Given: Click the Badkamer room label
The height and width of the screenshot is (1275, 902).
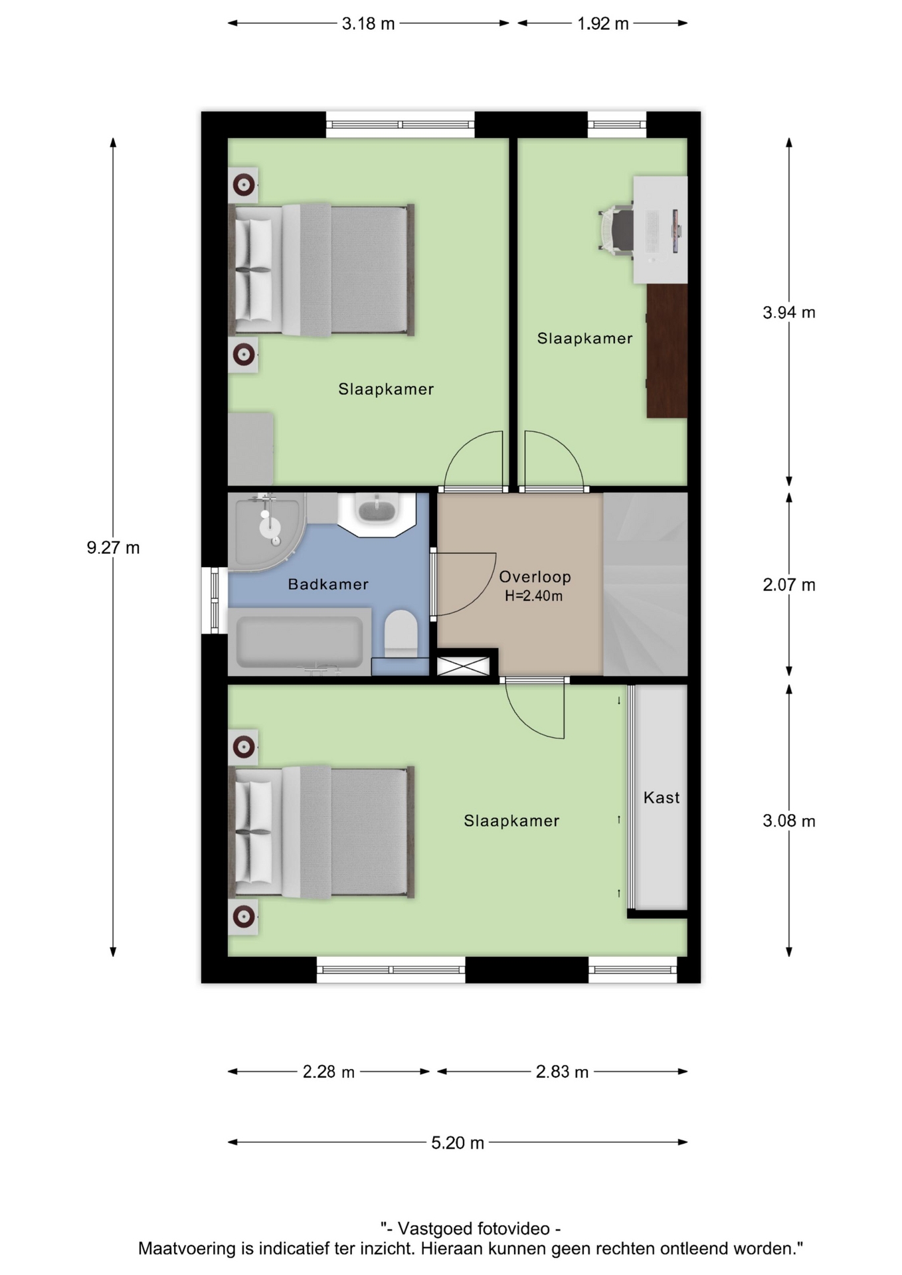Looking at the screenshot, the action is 328,584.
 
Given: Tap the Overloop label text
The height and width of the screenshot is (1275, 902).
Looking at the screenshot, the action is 535,576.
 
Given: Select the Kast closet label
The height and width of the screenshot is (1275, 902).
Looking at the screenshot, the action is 662,798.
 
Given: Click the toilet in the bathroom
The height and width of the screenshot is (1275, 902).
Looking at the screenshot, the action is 401,634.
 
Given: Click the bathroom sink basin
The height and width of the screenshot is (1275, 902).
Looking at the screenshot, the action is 377,511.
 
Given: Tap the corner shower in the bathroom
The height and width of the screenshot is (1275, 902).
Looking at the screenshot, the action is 266,529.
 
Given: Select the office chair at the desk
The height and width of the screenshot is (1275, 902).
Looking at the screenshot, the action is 616,228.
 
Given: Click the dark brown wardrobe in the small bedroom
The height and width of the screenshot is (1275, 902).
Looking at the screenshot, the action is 667,351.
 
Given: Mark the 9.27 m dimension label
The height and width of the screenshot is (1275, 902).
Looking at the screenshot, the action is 114,548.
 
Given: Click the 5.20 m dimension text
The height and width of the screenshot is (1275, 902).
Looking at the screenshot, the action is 458,1143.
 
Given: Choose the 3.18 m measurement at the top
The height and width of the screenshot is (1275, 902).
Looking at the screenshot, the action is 368,24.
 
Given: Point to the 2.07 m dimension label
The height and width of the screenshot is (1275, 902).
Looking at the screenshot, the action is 789,585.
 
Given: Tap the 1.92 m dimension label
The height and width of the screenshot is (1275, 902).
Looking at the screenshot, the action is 602,24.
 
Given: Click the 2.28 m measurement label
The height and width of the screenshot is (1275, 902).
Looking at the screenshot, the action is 329,1072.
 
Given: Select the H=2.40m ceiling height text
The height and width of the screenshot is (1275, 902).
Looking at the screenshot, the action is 533,596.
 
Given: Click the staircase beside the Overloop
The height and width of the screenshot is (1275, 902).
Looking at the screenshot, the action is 645,584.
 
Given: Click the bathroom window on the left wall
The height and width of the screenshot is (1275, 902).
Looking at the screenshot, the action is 215,600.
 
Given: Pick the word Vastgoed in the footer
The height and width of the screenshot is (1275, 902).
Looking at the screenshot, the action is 434,1229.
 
